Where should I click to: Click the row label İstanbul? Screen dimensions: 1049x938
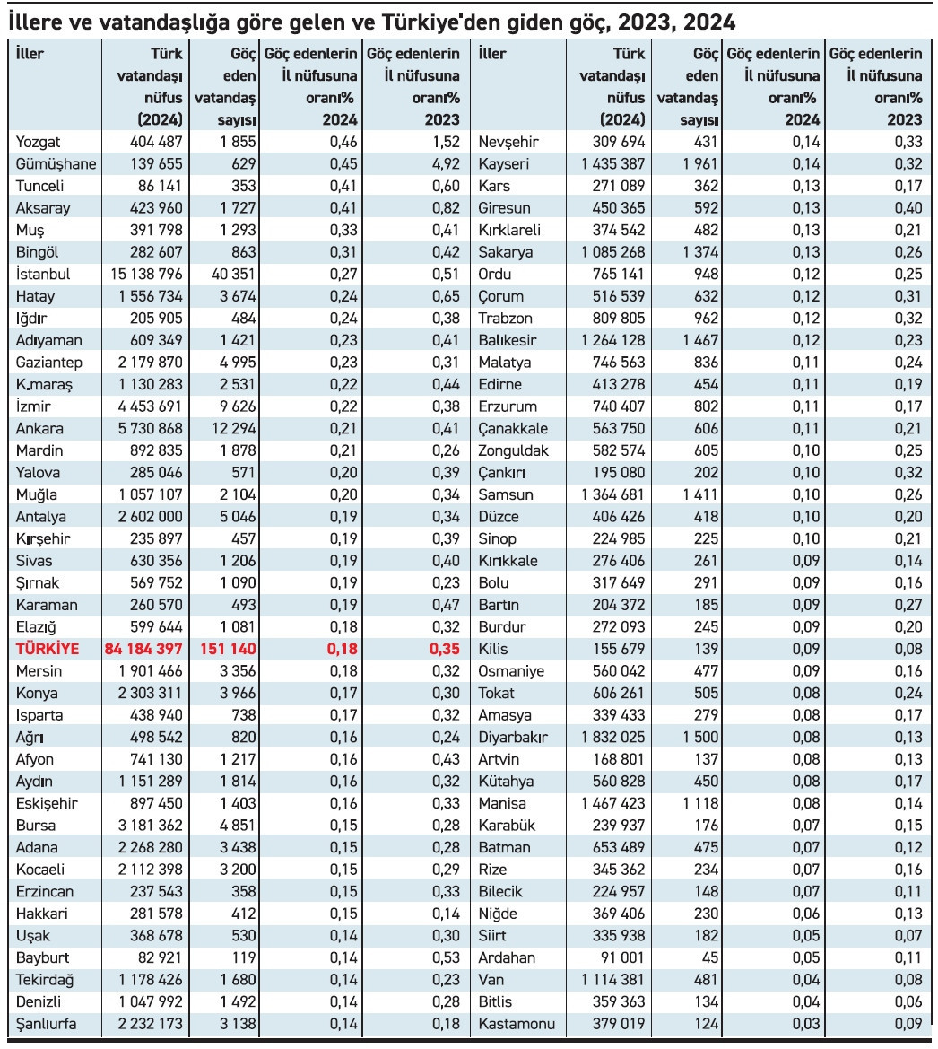[43, 275]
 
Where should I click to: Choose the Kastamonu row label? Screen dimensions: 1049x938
[517, 1024]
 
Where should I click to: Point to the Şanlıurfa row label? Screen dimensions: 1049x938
[47, 1024]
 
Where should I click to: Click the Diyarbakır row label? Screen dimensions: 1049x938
[513, 738]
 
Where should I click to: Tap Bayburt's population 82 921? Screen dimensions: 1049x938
[158, 957]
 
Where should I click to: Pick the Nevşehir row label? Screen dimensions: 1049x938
[508, 142]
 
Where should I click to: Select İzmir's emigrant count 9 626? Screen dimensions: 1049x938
[235, 406]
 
